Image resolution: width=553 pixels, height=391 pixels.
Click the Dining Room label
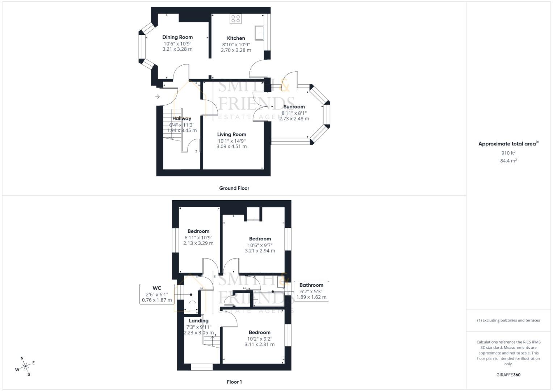(177, 37)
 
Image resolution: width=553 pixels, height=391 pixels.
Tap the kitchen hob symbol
(236, 19)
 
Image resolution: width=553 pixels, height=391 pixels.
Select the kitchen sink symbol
(259, 33)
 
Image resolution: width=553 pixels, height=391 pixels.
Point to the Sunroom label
(294, 106)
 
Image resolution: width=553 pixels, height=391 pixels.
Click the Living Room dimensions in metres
(231, 147)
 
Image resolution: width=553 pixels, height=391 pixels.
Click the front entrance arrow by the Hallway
(158, 97)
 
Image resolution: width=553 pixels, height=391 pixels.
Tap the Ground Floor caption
(234, 188)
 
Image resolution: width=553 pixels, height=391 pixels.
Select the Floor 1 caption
(234, 382)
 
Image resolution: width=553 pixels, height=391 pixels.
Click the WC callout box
(157, 294)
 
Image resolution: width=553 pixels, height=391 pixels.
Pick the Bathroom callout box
(311, 291)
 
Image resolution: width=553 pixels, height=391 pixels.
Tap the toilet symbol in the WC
(192, 307)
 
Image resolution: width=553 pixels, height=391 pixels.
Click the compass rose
(25, 366)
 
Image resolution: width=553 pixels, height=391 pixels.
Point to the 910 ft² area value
(508, 153)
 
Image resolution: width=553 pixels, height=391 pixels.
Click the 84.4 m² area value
(508, 161)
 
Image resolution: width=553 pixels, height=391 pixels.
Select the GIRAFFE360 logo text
(508, 375)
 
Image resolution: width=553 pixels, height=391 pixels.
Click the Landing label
(199, 321)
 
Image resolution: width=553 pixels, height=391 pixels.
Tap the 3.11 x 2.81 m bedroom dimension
(260, 344)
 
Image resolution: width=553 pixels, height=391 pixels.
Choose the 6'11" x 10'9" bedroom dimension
(198, 237)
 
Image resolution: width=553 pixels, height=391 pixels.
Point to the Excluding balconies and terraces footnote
(508, 320)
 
